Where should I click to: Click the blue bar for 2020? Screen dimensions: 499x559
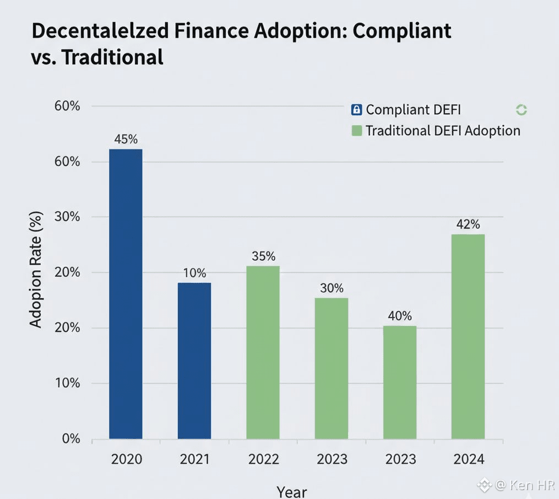pos(126,294)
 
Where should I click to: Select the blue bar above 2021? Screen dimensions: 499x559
pos(194,361)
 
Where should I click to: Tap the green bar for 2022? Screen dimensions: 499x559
pos(263,352)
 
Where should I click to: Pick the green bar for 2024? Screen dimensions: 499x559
pos(468,336)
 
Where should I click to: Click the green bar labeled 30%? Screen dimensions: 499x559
pos(331,368)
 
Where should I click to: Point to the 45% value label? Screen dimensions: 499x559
pos(126,139)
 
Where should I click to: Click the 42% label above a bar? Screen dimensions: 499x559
pos(468,224)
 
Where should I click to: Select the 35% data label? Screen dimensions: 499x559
pos(263,256)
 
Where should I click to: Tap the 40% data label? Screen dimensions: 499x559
pos(399,316)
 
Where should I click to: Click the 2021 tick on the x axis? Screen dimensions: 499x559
pos(194,459)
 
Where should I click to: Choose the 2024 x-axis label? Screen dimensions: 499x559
pos(468,459)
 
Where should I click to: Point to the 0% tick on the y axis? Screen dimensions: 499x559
pos(70,439)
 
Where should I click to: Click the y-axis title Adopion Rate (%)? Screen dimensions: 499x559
pos(36,270)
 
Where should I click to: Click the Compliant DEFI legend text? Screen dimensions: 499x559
pos(413,110)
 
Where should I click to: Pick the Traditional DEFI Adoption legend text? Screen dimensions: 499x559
pos(443,131)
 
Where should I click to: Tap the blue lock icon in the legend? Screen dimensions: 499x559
pos(356,110)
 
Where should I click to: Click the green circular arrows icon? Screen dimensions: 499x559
pos(521,110)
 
